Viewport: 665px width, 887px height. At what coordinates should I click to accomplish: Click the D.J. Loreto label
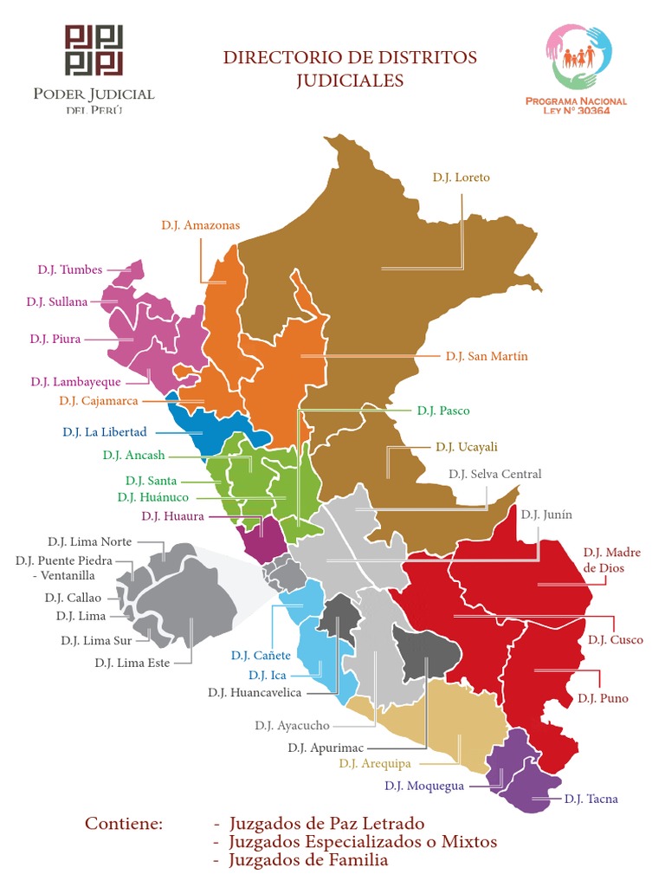(x=461, y=178)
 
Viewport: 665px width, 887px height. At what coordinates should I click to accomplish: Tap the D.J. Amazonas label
(x=200, y=225)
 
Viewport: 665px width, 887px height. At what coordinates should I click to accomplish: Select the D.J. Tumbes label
(x=69, y=269)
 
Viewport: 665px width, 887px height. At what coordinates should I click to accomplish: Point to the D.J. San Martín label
(x=487, y=356)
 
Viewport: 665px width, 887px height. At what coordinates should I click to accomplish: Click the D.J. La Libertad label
(x=105, y=431)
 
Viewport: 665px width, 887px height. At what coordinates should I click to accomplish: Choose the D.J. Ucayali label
(x=467, y=447)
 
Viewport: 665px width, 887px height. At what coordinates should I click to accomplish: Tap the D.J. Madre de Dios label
(x=611, y=560)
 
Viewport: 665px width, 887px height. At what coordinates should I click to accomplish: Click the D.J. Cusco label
(x=615, y=640)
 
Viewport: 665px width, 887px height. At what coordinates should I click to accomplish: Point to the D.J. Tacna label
(x=591, y=799)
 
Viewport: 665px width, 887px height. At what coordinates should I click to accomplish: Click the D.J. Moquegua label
(x=423, y=786)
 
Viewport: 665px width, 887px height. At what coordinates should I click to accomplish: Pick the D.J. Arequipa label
(x=375, y=763)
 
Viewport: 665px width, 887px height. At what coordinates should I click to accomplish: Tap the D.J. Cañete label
(x=261, y=655)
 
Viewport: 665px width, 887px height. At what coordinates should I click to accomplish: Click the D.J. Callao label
(x=73, y=598)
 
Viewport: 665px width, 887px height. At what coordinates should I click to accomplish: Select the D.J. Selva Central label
(x=494, y=474)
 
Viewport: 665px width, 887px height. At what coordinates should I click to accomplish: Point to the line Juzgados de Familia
(x=308, y=860)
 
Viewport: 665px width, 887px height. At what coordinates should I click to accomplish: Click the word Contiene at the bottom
(x=123, y=824)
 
